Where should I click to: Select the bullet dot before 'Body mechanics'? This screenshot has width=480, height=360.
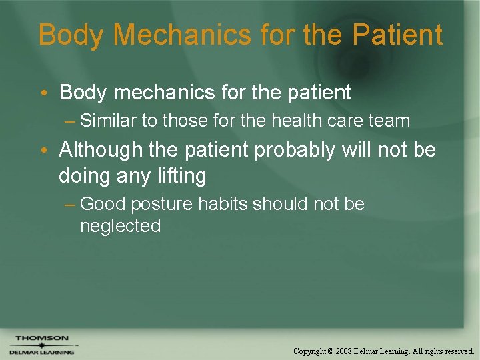[x=50, y=93]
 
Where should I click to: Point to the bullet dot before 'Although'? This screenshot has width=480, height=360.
[x=50, y=150]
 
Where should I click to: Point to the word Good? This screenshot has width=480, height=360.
[x=101, y=204]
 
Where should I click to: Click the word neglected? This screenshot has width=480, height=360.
[x=120, y=226]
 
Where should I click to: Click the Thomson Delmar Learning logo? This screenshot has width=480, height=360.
[x=41, y=345]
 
